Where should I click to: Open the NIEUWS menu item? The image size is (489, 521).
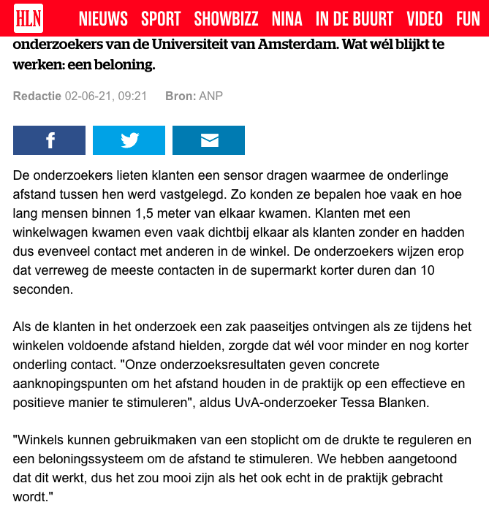point(103,19)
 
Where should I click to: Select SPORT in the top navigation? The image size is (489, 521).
point(161,19)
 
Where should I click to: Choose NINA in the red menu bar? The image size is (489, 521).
point(287,19)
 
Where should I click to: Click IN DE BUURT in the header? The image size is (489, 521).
point(355,19)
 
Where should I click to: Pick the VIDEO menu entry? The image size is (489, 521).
point(425,19)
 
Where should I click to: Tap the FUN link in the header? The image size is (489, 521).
point(468,19)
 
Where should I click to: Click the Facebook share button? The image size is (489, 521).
point(50,140)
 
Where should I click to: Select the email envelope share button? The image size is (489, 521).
point(209,140)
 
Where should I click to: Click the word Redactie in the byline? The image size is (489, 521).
point(37,96)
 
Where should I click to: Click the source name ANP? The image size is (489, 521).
point(211,96)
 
